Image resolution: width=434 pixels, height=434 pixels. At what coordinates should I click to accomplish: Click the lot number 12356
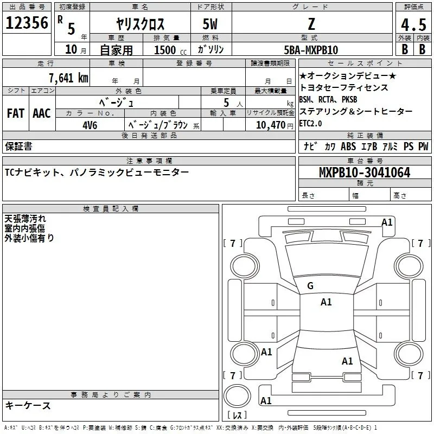27,23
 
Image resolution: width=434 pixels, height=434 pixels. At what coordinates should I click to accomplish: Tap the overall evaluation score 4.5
413,24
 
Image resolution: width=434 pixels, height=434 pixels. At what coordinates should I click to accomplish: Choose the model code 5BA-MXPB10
310,50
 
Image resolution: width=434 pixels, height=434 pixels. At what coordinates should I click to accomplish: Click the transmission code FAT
15,113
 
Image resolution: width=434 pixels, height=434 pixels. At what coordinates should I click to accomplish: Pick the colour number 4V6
90,125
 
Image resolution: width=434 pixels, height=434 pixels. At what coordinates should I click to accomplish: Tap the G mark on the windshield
310,286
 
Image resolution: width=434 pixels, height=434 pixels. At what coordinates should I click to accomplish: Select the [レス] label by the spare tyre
237,416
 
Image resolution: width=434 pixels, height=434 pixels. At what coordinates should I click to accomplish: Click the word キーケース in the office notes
28,406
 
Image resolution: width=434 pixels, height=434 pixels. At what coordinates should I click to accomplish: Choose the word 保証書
18,146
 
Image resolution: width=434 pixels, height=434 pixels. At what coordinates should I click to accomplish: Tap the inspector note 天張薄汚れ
25,219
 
